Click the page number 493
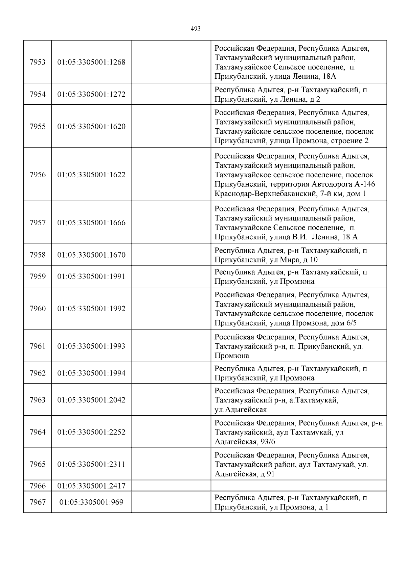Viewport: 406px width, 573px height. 196,29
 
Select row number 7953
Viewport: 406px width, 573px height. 38,62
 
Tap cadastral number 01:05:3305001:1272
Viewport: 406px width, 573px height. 91,95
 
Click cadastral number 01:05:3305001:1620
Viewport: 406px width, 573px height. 91,127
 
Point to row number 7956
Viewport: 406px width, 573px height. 38,175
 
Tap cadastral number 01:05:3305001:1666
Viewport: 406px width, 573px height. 91,223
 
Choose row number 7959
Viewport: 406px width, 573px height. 38,277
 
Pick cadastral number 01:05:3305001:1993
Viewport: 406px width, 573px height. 91,346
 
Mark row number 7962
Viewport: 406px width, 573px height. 38,373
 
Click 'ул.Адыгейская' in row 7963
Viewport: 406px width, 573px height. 241,410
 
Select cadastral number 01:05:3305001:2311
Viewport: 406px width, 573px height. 91,464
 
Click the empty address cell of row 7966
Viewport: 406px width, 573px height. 298,486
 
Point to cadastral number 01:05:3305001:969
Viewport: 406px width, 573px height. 91,502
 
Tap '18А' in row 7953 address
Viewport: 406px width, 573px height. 330,77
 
